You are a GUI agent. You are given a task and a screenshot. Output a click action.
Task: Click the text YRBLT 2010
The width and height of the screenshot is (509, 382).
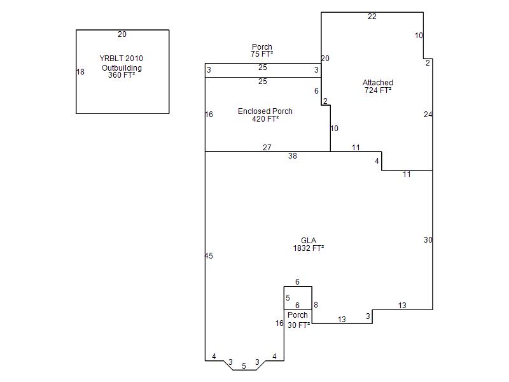(122, 59)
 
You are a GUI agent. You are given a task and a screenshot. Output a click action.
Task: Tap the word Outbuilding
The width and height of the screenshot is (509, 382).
(122, 68)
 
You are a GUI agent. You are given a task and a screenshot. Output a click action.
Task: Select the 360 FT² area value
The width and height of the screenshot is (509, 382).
(122, 75)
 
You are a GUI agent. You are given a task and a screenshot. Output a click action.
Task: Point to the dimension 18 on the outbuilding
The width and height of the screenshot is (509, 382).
(80, 72)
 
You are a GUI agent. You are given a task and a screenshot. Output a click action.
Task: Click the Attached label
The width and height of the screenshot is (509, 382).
(378, 83)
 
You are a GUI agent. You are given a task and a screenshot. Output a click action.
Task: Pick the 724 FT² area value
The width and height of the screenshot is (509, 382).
(378, 90)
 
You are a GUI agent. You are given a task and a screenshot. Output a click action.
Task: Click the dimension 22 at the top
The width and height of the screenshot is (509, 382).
(372, 17)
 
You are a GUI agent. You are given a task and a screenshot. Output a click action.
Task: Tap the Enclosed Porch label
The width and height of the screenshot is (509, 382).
(265, 111)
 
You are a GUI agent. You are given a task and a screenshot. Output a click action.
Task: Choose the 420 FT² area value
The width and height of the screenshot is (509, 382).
(265, 119)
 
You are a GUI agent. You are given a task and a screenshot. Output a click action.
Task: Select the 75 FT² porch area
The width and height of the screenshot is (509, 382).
(261, 55)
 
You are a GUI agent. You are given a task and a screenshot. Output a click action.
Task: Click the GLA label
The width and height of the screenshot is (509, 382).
(309, 241)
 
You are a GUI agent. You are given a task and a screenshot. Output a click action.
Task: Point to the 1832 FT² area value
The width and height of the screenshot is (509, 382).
(309, 248)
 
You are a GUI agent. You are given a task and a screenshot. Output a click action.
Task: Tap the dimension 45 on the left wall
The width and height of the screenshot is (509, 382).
(209, 256)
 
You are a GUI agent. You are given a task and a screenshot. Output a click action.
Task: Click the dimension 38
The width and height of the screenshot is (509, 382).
(292, 156)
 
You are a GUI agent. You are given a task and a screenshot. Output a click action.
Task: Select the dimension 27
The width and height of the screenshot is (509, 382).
(267, 148)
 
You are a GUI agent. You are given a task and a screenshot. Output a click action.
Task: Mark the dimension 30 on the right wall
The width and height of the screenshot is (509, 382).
(428, 240)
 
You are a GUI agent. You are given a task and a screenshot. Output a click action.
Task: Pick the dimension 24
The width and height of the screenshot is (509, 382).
(428, 115)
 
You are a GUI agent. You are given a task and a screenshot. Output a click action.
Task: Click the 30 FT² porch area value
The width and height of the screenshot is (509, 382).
(298, 325)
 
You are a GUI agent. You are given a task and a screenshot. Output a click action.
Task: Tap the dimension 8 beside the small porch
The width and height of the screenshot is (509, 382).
(316, 306)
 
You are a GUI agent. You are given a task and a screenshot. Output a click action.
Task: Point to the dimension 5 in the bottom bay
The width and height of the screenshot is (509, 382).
(244, 366)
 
